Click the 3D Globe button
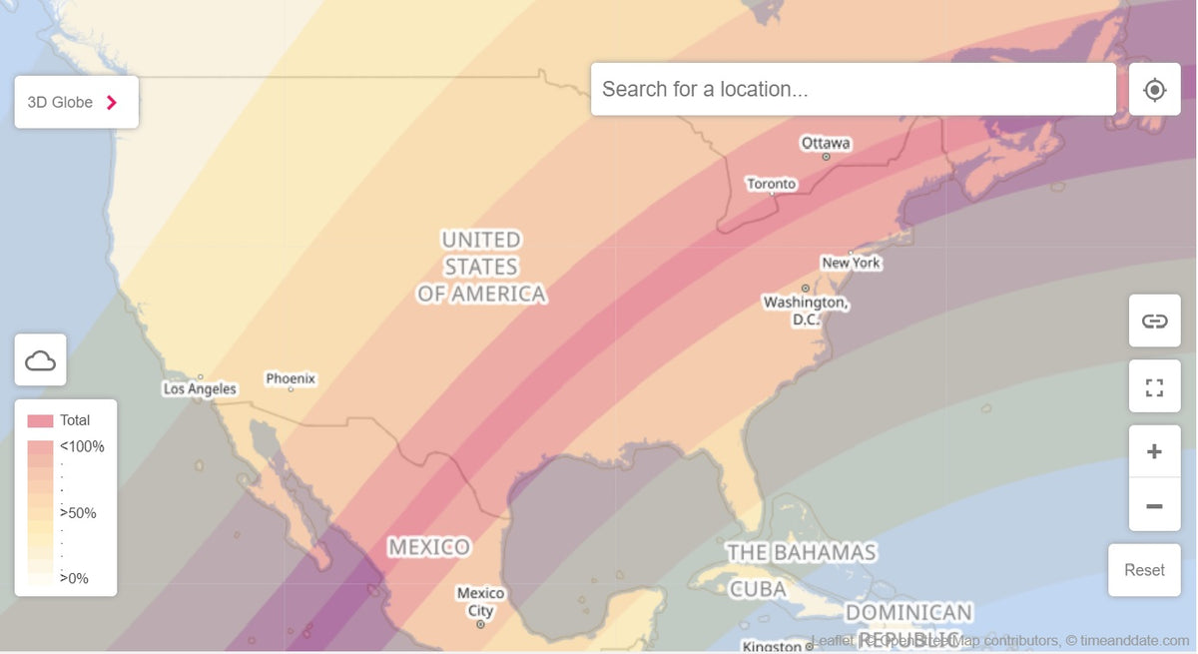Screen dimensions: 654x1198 pyautogui.click(x=76, y=102)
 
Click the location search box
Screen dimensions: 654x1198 pyautogui.click(x=853, y=89)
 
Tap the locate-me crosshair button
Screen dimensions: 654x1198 pyautogui.click(x=1154, y=90)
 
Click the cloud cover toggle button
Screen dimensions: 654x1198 pyautogui.click(x=40, y=360)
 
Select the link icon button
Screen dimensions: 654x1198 pyautogui.click(x=1154, y=321)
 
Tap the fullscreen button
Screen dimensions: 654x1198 pyautogui.click(x=1154, y=386)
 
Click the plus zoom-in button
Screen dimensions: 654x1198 pyautogui.click(x=1154, y=451)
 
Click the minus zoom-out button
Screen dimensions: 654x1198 pyautogui.click(x=1154, y=506)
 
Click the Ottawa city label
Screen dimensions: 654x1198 pyautogui.click(x=826, y=143)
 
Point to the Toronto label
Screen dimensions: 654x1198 pyautogui.click(x=772, y=184)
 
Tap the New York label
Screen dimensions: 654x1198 pyautogui.click(x=852, y=263)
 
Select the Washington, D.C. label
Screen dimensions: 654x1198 pyautogui.click(x=805, y=310)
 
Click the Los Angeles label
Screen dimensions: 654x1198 pyautogui.click(x=200, y=388)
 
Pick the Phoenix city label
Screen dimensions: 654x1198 pyautogui.click(x=291, y=378)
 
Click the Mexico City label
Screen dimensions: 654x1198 pyautogui.click(x=480, y=601)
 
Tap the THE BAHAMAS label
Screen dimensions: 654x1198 pyautogui.click(x=801, y=552)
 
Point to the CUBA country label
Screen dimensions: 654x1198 pyautogui.click(x=758, y=589)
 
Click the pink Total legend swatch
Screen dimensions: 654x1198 pyautogui.click(x=40, y=420)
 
